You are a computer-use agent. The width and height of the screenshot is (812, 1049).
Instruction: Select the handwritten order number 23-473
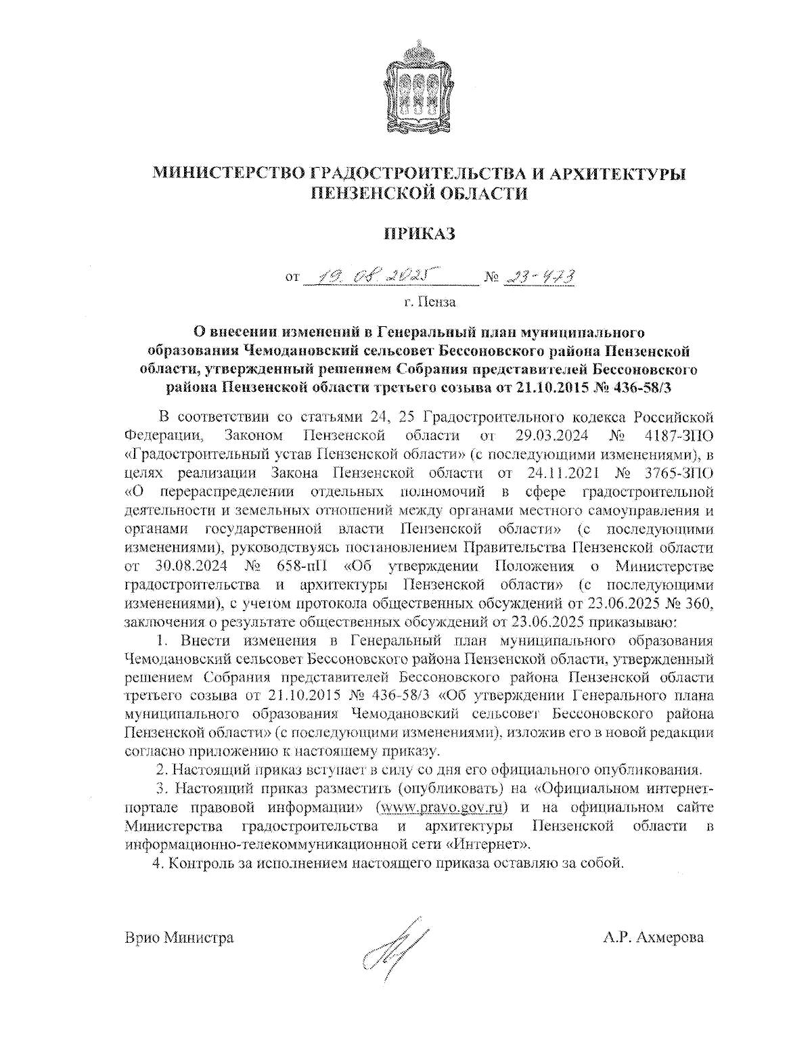point(539,276)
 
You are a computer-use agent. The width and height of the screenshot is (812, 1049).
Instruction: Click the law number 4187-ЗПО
point(674,434)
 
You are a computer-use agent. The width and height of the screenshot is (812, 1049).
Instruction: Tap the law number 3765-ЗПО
point(674,470)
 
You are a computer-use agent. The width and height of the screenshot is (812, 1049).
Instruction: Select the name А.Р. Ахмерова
point(654,938)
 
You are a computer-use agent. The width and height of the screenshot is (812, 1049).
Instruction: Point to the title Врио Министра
point(179,938)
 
